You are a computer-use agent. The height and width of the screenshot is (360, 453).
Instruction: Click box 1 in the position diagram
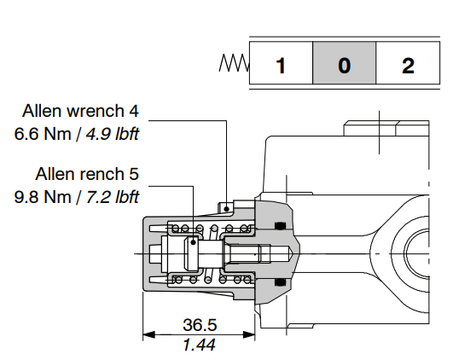point(281,64)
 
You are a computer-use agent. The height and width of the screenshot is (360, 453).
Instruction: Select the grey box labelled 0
point(344,64)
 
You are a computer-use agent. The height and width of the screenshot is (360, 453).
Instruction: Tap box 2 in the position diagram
point(408,64)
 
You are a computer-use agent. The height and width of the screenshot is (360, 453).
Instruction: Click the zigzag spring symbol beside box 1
point(234,63)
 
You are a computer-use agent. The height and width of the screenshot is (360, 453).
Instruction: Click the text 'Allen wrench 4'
point(80,112)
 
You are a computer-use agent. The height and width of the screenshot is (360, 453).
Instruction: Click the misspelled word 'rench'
point(101,175)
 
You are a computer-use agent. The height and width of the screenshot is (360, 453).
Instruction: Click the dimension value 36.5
point(200,325)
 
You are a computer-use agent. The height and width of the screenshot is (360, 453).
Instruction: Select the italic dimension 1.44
point(200,344)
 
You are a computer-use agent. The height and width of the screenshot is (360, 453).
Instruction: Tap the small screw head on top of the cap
point(227,206)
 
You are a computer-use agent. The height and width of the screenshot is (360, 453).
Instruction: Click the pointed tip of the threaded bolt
point(294,254)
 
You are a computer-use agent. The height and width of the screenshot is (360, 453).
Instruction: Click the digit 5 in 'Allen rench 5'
point(133,175)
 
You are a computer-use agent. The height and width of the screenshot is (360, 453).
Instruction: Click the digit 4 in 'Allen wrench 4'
point(133,112)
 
